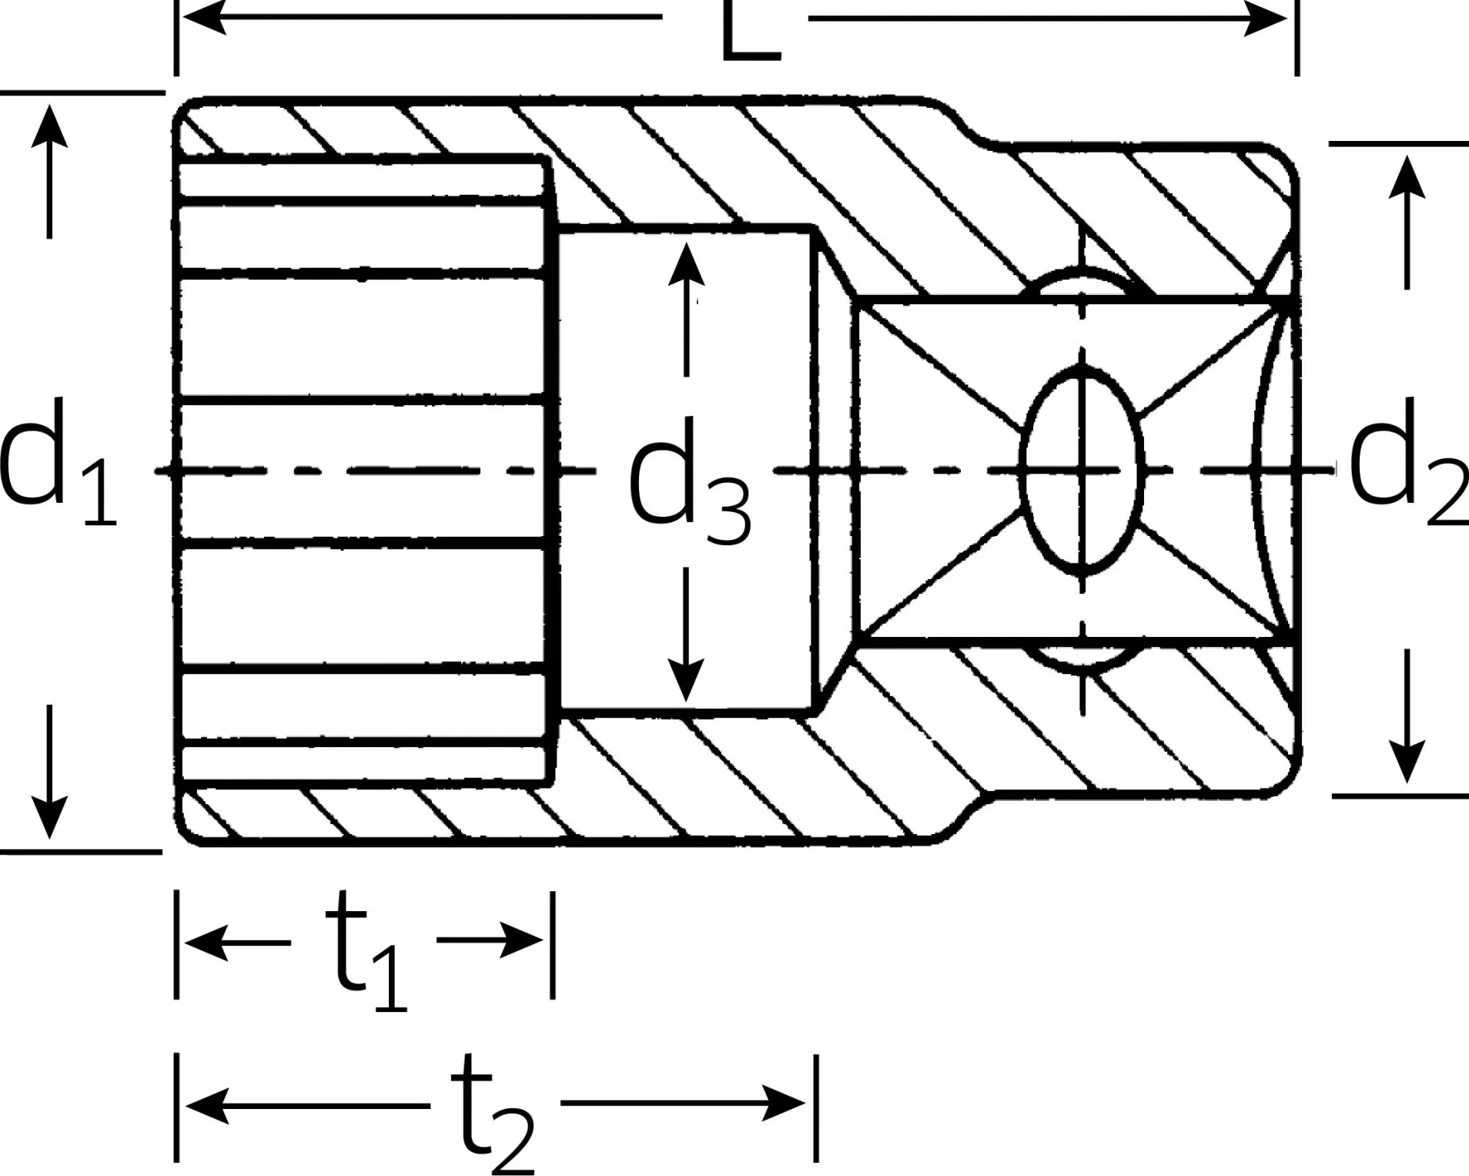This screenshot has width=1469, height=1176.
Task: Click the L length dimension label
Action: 751,31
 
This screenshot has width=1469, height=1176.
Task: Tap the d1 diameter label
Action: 58,462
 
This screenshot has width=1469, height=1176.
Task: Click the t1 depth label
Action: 366,951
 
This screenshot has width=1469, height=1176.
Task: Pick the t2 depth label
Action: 493,1113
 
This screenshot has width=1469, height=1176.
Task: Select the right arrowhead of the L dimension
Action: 1267,17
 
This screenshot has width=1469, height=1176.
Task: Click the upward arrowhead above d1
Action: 50,125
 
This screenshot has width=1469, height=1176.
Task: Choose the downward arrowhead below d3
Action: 685,680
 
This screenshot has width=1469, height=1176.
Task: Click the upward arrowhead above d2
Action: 1407,176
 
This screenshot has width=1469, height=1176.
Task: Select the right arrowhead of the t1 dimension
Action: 523,940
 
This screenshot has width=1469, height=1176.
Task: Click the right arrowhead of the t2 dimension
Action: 785,1103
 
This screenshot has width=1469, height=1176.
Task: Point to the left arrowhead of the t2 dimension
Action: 207,1105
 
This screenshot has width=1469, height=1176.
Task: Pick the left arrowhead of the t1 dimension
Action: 207,943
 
